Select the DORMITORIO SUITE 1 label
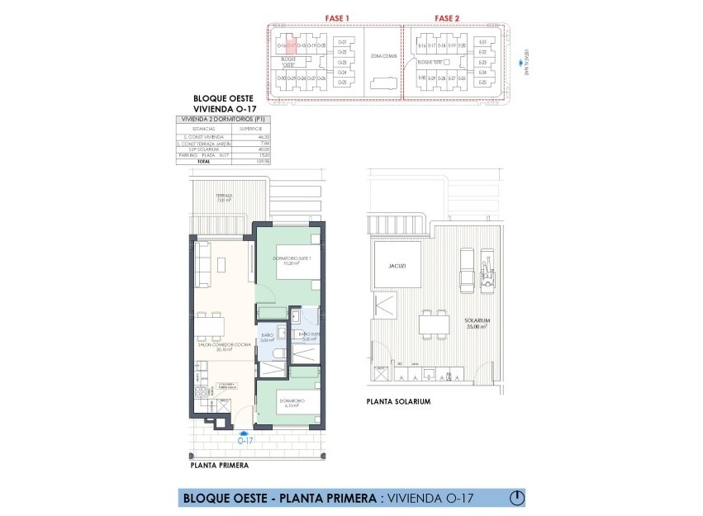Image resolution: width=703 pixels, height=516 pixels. point(287,262)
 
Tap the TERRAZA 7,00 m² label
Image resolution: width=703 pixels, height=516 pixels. point(202,198)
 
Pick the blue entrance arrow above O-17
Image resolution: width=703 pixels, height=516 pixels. point(244,432)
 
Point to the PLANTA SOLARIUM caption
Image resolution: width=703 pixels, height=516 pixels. point(400,401)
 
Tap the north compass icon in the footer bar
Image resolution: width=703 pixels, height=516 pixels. point(517,498)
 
